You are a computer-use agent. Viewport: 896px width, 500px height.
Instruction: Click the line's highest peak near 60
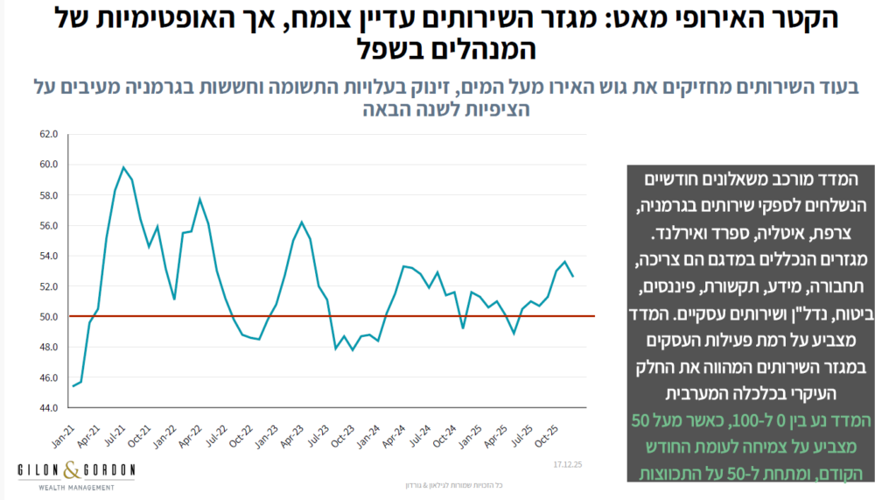point(123,167)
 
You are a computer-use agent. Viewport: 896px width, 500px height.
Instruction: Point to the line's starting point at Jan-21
point(73,386)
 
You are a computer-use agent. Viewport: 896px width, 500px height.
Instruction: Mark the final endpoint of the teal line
point(573,277)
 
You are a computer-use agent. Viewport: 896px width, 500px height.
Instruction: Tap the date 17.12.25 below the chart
point(569,462)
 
